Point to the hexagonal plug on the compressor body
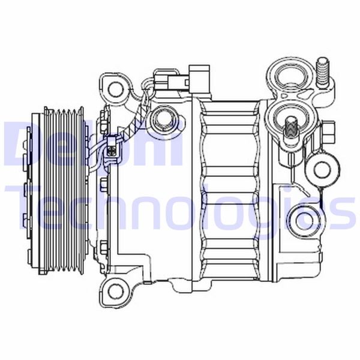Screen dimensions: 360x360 tap(161, 120)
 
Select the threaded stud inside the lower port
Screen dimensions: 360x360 tap(290, 128)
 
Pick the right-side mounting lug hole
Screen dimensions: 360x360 tap(322, 169)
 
